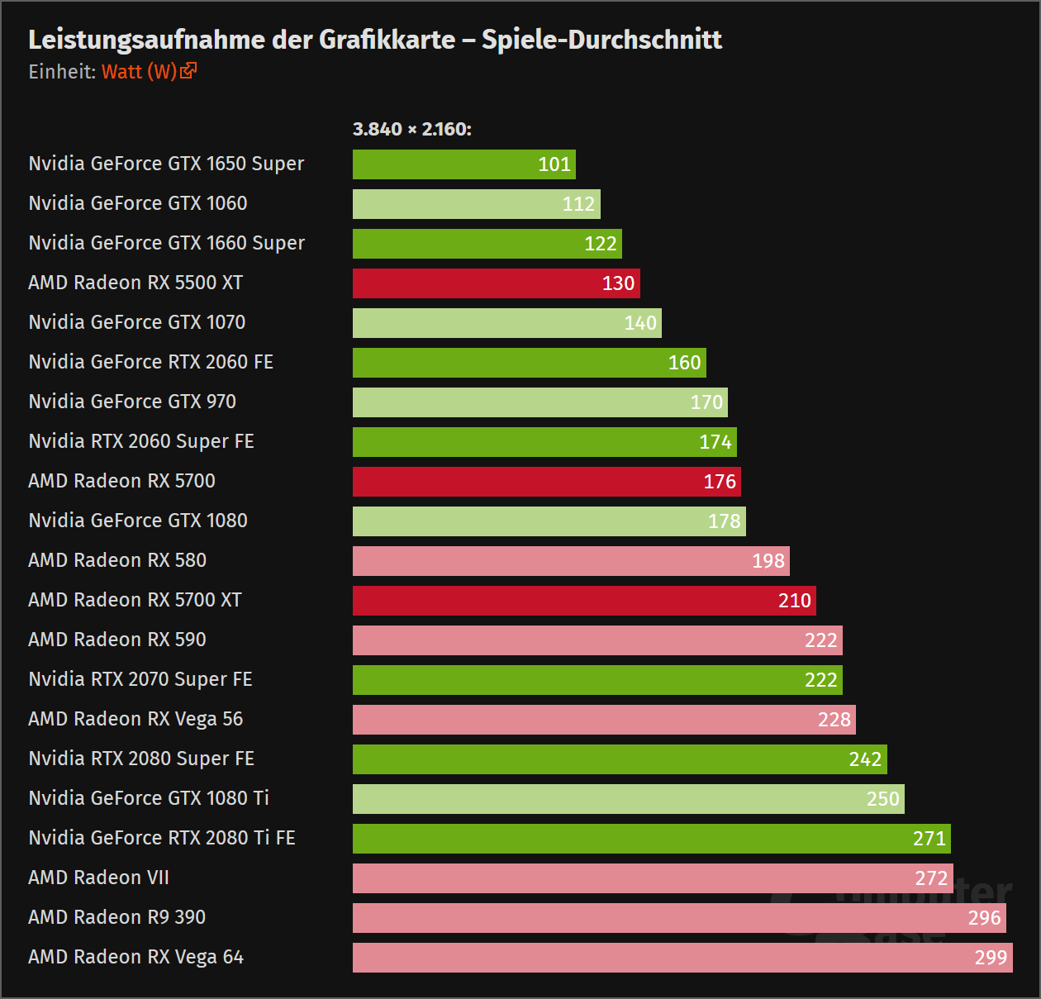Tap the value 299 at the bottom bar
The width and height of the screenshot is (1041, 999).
(991, 958)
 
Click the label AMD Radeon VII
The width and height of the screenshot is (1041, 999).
(98, 878)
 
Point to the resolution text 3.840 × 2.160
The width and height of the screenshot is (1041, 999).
(411, 130)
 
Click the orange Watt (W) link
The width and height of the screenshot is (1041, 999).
(139, 72)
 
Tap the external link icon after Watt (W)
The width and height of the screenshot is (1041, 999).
(188, 71)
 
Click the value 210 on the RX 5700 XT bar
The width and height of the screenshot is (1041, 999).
(794, 601)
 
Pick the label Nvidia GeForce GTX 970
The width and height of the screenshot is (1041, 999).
(132, 402)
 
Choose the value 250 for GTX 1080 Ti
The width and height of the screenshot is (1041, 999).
(882, 799)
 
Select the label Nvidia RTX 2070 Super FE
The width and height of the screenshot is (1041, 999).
(140, 679)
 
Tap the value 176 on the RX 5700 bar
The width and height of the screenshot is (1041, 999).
(719, 482)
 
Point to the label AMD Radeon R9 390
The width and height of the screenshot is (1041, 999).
(116, 917)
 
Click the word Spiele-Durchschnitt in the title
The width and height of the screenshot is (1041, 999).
(601, 40)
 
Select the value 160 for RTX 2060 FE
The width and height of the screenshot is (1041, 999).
(684, 363)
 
